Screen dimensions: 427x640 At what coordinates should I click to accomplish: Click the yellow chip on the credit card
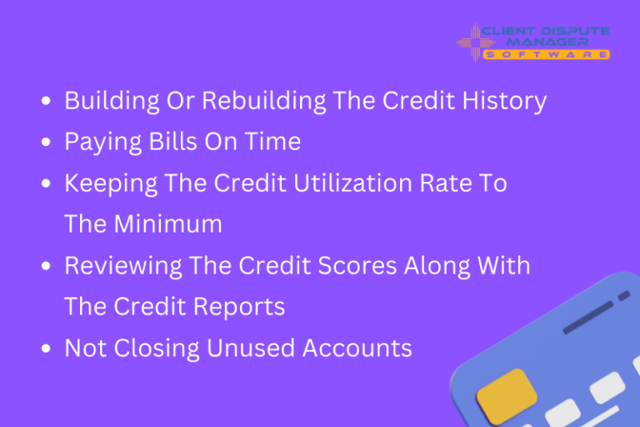coord(506,393)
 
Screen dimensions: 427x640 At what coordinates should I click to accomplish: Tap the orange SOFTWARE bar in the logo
coord(547,55)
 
